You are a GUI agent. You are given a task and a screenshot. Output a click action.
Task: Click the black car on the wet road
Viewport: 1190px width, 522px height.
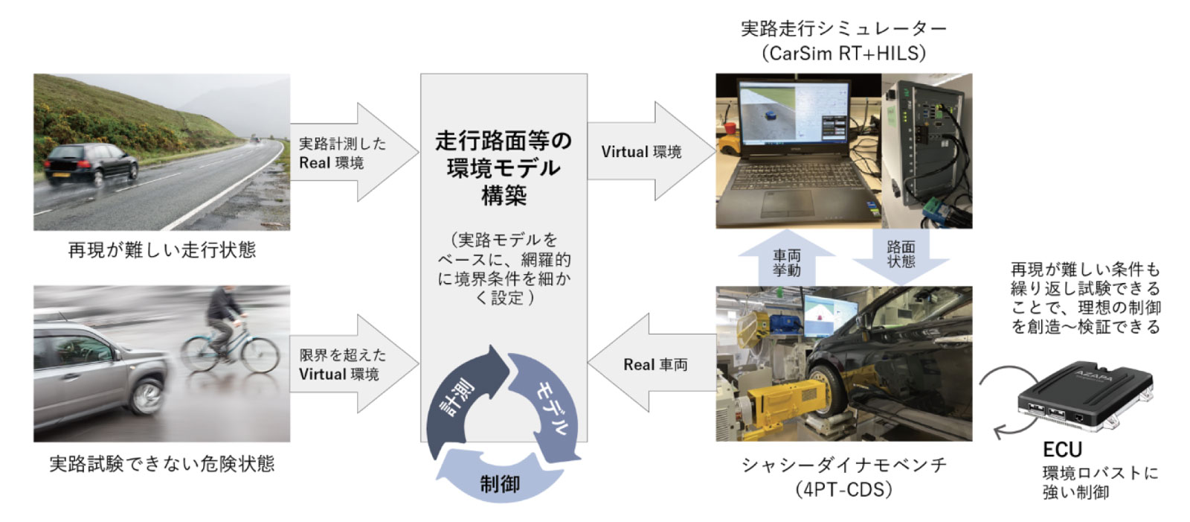point(90,163)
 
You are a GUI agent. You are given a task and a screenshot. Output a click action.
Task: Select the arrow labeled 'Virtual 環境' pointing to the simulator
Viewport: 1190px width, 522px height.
point(647,151)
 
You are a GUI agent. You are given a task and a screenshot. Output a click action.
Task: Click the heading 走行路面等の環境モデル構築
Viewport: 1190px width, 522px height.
point(504,168)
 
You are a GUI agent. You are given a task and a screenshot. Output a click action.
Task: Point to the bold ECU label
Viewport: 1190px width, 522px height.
point(1062,450)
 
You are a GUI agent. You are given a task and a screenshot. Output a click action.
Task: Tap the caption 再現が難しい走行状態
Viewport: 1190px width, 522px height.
point(161,249)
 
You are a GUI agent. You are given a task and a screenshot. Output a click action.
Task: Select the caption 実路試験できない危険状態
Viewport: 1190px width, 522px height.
point(161,464)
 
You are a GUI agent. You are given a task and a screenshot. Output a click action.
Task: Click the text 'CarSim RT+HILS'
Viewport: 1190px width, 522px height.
point(843,53)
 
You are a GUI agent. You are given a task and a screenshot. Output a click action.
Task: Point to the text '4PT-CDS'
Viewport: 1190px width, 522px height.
point(843,489)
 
